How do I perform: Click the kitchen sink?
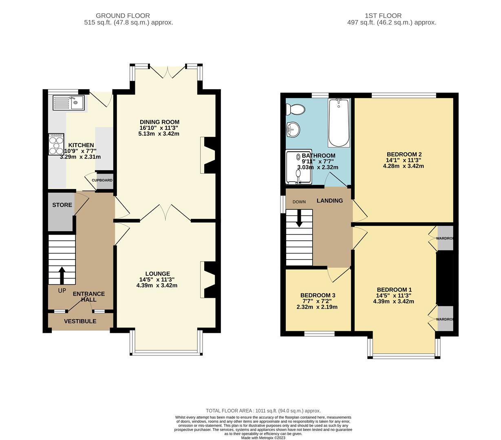pyautogui.click(x=68, y=103)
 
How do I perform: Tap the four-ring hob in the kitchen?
pyautogui.click(x=56, y=144)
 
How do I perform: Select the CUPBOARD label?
pyautogui.click(x=102, y=180)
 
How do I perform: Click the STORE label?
pyautogui.click(x=62, y=205)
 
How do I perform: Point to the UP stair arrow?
pyautogui.click(x=62, y=275)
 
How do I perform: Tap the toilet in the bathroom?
pyautogui.click(x=295, y=110)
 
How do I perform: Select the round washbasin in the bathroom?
pyautogui.click(x=293, y=129)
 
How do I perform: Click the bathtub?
pyautogui.click(x=339, y=123)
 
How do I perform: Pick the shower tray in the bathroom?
pyautogui.click(x=299, y=167)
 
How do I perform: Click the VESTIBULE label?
pyautogui.click(x=80, y=321)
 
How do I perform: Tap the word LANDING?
pyautogui.click(x=330, y=201)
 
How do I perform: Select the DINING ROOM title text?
pyautogui.click(x=159, y=122)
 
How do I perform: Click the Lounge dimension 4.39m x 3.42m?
pyautogui.click(x=157, y=286)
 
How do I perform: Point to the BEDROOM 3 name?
pyautogui.click(x=318, y=295)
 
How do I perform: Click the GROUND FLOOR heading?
pyautogui.click(x=123, y=16)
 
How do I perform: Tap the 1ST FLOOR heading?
pyautogui.click(x=383, y=16)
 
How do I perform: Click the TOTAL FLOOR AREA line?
pyautogui.click(x=263, y=411)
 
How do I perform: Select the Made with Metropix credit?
pyautogui.click(x=263, y=438)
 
